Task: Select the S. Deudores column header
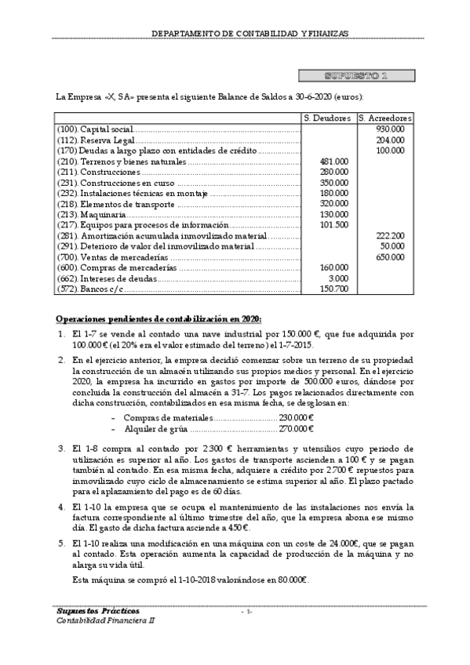[x=328, y=118]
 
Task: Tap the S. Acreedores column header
[x=384, y=118]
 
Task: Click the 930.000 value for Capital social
[x=390, y=129]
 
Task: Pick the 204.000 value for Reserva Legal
[x=390, y=140]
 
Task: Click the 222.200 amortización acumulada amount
[x=390, y=235]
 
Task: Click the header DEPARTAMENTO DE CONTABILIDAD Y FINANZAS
[x=250, y=34]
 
